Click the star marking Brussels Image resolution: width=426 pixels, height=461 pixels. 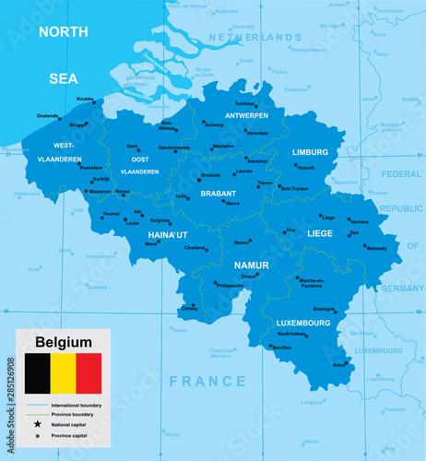coord(199,181)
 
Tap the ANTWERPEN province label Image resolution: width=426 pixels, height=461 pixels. coord(246,115)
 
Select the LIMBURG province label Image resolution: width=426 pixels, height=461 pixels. coord(310,152)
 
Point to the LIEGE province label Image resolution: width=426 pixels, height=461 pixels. coord(320,233)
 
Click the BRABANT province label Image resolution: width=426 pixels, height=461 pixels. coord(219,194)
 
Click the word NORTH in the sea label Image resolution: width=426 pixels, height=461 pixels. coord(63,31)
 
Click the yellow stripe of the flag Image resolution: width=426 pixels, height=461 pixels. coord(63,373)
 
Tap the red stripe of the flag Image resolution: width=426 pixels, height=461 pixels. coord(89,373)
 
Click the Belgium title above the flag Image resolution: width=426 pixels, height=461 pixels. coord(63,342)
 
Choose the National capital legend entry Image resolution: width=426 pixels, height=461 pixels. coord(73,425)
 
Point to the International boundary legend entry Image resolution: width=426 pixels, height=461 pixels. coord(77,405)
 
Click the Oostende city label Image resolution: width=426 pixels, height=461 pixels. coord(46,115)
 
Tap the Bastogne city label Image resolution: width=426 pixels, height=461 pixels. coord(324,310)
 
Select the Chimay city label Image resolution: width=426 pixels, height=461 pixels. coord(190,309)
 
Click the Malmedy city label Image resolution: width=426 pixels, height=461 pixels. coord(376,248)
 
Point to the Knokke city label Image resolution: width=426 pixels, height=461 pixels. coord(85,99)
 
